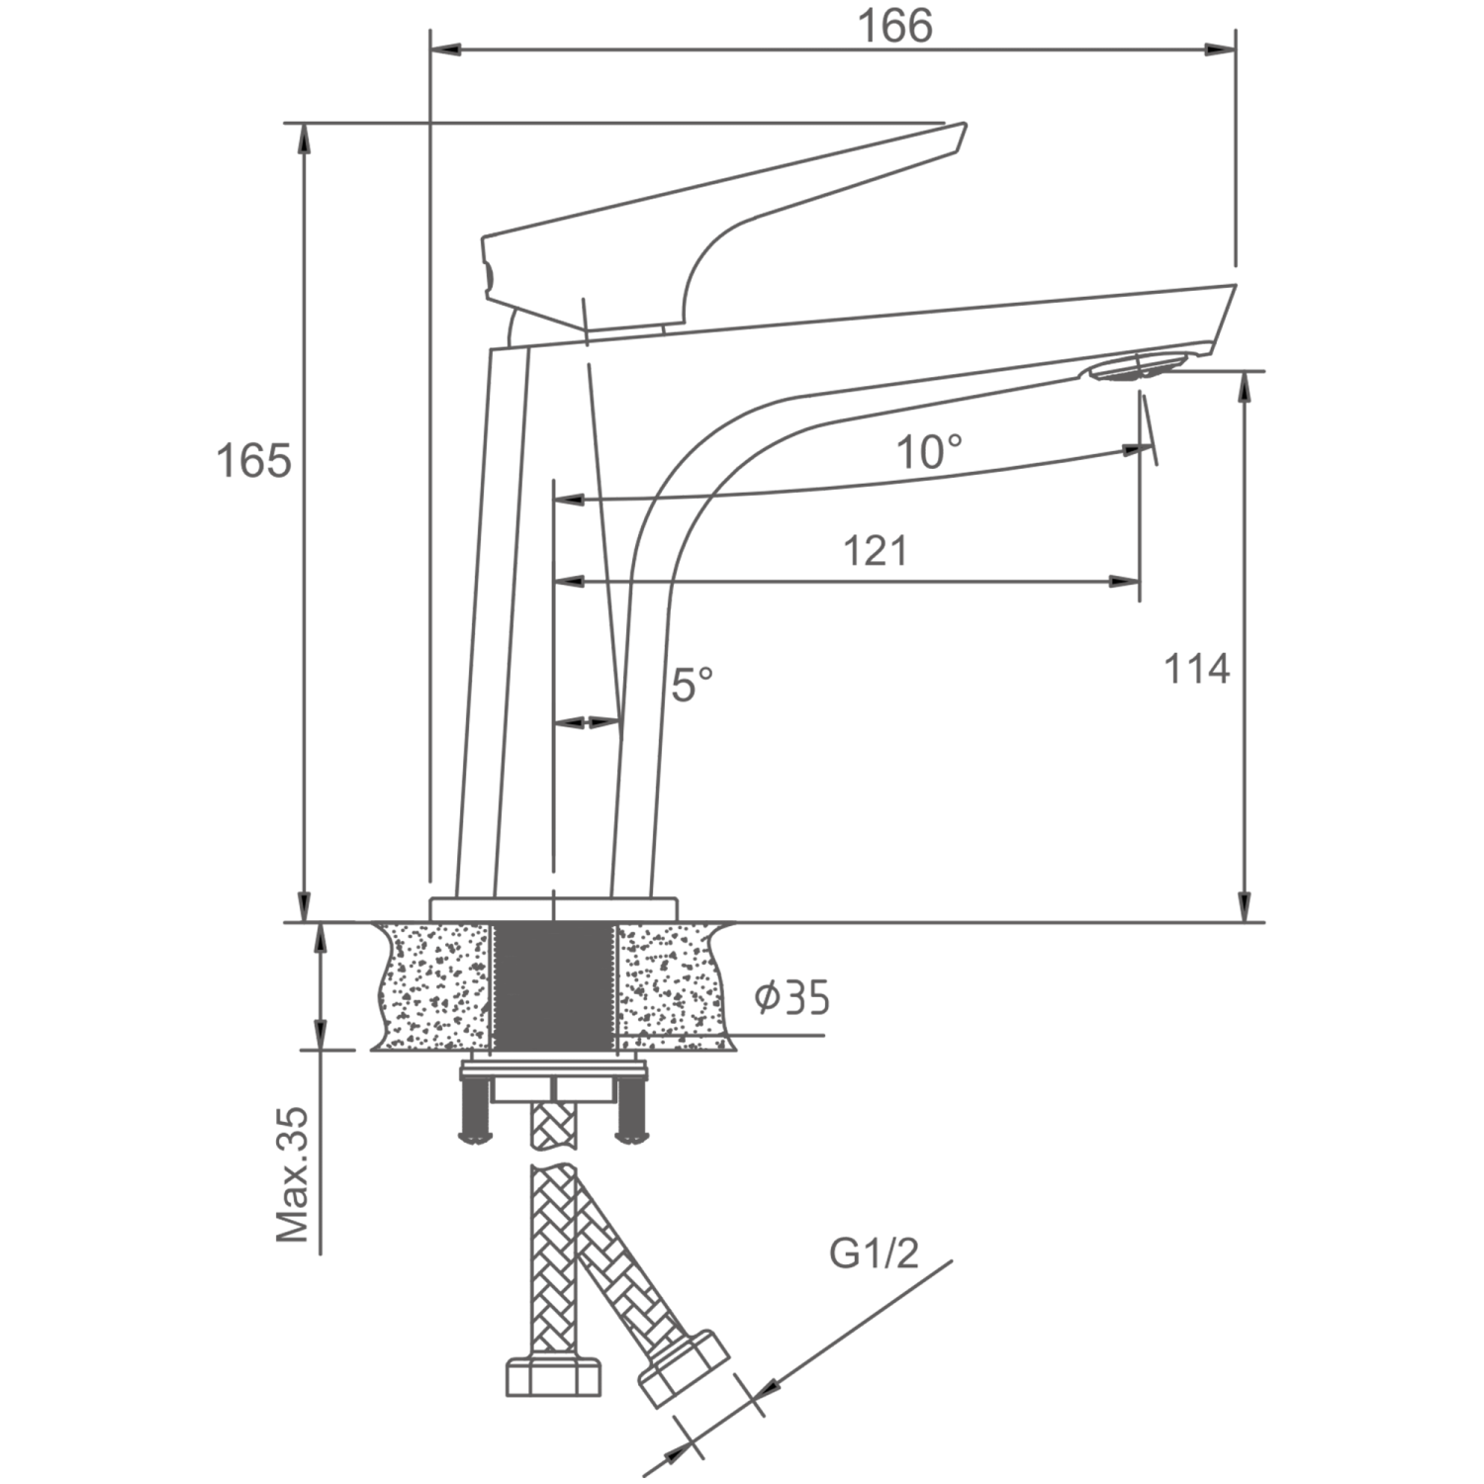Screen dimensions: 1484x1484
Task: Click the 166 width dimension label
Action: [894, 27]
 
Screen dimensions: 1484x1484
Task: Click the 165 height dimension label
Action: [254, 461]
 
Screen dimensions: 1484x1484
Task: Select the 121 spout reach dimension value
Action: [875, 551]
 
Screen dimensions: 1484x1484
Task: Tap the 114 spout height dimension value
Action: [1196, 670]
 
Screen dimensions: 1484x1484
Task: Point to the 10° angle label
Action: [929, 452]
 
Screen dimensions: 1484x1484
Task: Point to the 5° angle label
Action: [692, 684]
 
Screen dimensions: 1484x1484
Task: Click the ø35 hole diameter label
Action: [792, 998]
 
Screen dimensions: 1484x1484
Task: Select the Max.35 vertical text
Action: [292, 1174]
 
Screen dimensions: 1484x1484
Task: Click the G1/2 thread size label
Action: [875, 1254]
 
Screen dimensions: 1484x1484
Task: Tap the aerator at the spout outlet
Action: [1133, 368]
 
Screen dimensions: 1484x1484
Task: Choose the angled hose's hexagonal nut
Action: [683, 1366]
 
